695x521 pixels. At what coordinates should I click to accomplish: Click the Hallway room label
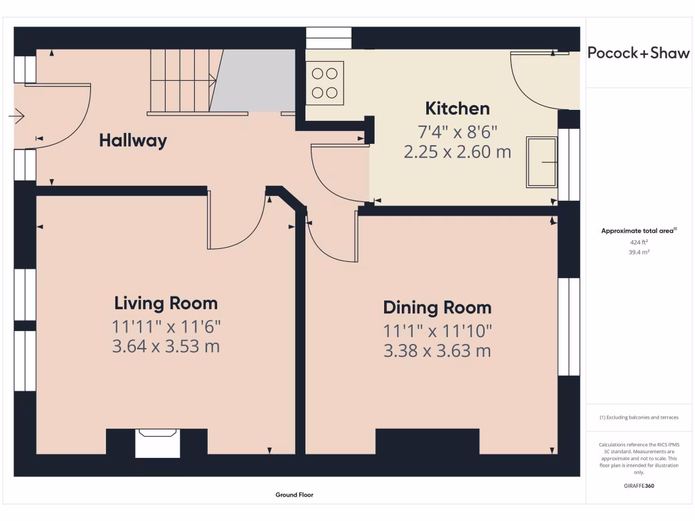(x=133, y=140)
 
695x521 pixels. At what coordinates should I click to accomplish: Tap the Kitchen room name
(x=457, y=109)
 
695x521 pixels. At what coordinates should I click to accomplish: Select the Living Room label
(x=166, y=303)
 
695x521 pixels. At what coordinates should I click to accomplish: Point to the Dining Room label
(x=438, y=307)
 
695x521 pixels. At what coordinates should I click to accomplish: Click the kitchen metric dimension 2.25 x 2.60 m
(x=457, y=152)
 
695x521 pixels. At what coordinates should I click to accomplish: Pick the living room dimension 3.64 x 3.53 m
(x=166, y=347)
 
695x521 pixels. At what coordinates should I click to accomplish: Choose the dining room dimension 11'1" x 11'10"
(x=438, y=331)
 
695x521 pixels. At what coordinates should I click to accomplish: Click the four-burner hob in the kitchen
(x=325, y=83)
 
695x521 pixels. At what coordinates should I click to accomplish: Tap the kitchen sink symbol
(x=542, y=162)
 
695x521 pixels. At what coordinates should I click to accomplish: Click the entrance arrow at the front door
(x=16, y=117)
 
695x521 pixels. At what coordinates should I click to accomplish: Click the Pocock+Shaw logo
(x=639, y=53)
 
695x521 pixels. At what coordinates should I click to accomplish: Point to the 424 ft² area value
(x=639, y=242)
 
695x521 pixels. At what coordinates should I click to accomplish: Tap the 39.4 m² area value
(x=639, y=252)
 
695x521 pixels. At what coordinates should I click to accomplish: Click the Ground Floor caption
(x=295, y=495)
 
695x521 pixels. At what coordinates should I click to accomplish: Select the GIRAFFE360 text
(x=639, y=486)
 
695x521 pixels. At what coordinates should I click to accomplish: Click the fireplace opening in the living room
(x=157, y=443)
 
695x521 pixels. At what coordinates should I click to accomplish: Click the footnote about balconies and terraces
(x=639, y=417)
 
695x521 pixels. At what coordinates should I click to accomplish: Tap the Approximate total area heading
(x=639, y=231)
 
